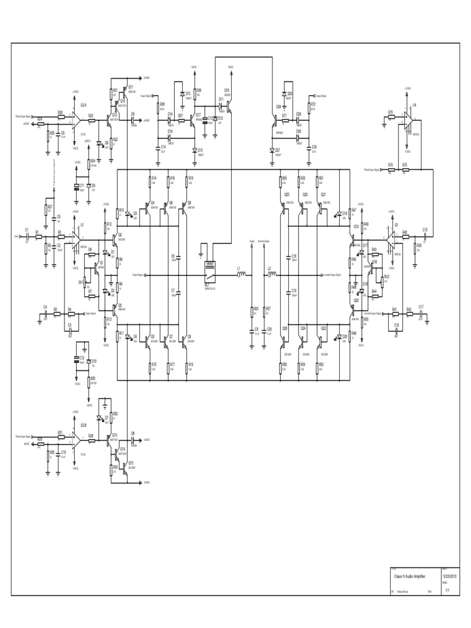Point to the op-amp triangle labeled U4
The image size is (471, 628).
[x=407, y=121]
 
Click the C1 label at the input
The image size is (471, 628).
[x=26, y=229]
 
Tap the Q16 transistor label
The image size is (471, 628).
[x=226, y=90]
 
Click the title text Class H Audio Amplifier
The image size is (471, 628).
[x=408, y=577]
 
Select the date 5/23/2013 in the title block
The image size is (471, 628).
[x=451, y=577]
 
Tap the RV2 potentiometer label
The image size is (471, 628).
[x=386, y=276]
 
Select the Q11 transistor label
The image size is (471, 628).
[x=131, y=87]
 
